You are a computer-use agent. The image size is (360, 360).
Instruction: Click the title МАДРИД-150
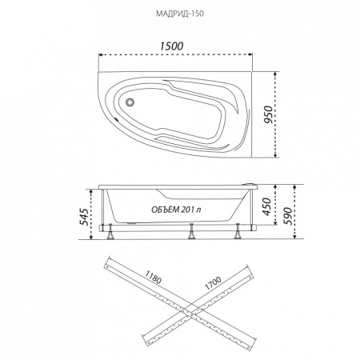pyautogui.click(x=180, y=14)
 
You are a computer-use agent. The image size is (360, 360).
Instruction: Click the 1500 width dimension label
pyautogui.click(x=171, y=46)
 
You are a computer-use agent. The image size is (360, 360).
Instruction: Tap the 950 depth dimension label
pyautogui.click(x=269, y=114)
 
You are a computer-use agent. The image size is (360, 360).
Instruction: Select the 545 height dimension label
pyautogui.click(x=84, y=217)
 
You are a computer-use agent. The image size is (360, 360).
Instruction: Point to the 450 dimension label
pyautogui.click(x=266, y=206)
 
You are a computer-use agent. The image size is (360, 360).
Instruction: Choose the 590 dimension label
pyautogui.click(x=288, y=216)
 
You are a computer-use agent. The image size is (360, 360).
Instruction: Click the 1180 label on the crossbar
pyautogui.click(x=154, y=277)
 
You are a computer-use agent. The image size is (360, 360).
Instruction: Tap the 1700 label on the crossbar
pyautogui.click(x=213, y=283)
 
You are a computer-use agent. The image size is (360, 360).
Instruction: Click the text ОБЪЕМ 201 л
pyautogui.click(x=176, y=210)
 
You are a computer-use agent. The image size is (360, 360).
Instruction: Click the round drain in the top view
pyautogui.click(x=130, y=102)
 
